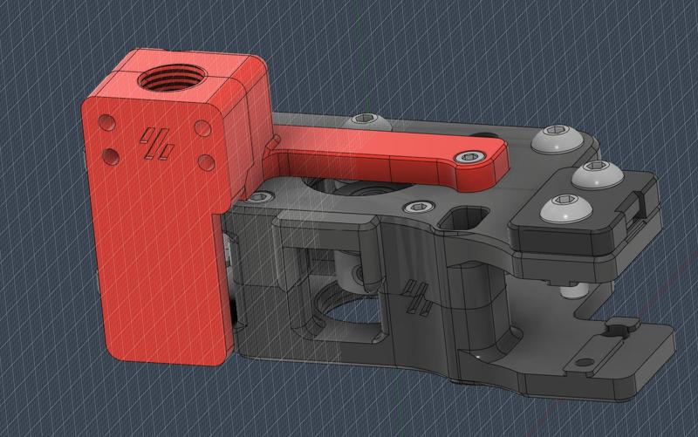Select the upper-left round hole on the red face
[x=106, y=121]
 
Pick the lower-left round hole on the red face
[x=111, y=156]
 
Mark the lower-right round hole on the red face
[x=207, y=162]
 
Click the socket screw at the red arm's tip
[x=472, y=158]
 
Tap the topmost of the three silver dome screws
[x=552, y=138]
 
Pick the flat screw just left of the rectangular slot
[x=416, y=208]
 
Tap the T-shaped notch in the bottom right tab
[x=620, y=329]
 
